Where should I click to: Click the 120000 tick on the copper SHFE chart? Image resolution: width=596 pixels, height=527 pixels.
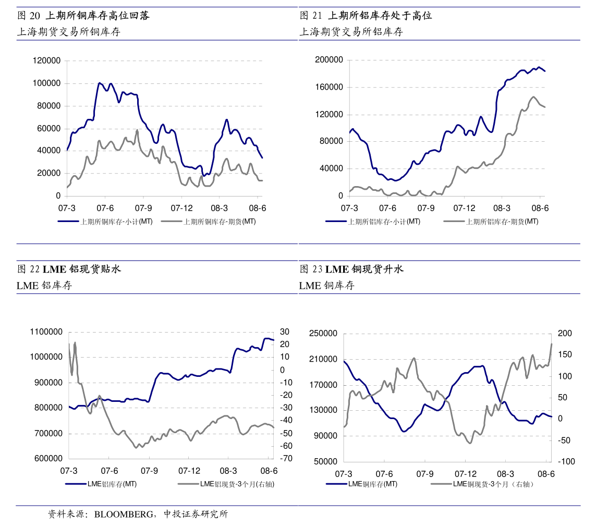(x=46, y=60)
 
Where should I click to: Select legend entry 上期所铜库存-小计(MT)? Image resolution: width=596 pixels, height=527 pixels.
(x=116, y=222)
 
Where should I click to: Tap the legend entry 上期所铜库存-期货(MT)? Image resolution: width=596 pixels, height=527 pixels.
(x=220, y=222)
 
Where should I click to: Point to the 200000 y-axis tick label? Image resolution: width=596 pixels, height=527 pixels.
(x=329, y=60)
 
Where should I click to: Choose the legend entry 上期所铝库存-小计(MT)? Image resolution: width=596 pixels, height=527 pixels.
(x=384, y=222)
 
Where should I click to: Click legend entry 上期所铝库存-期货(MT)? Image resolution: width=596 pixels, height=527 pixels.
(x=502, y=222)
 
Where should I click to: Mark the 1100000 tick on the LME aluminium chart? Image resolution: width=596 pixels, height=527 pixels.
(x=47, y=332)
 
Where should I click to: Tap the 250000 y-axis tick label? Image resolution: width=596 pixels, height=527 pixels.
(x=323, y=334)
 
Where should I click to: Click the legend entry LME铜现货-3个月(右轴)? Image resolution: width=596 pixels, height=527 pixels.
(x=493, y=484)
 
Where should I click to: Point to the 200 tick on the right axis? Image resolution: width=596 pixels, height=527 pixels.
(x=565, y=334)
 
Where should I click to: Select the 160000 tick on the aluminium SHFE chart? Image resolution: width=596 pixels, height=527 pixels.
(x=329, y=87)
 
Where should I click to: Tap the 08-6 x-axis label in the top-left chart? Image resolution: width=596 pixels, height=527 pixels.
(x=258, y=208)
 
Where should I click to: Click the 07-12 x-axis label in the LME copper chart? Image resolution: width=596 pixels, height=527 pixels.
(x=465, y=474)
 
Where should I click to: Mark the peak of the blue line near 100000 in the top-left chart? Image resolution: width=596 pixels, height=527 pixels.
(x=100, y=83)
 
